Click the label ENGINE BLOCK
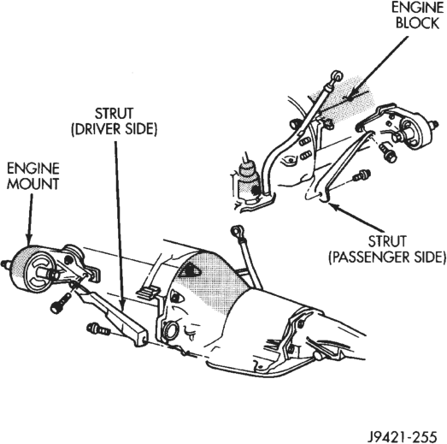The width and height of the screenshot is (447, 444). pyautogui.click(x=418, y=15)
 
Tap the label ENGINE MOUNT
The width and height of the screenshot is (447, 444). pyautogui.click(x=32, y=176)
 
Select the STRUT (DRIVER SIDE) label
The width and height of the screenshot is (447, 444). pyautogui.click(x=114, y=121)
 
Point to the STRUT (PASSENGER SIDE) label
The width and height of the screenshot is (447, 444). pyautogui.click(x=387, y=249)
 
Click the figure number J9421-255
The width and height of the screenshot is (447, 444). pyautogui.click(x=402, y=435)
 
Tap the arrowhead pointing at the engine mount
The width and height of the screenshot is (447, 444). pyautogui.click(x=29, y=240)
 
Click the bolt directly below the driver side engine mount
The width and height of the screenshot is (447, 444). pyautogui.click(x=61, y=304)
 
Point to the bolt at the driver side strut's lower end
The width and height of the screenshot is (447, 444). pyautogui.click(x=98, y=329)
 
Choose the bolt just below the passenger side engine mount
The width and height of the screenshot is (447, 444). pyautogui.click(x=388, y=152)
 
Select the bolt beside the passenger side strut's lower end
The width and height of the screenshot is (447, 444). pyautogui.click(x=362, y=175)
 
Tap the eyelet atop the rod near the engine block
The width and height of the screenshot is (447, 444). pyautogui.click(x=337, y=75)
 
